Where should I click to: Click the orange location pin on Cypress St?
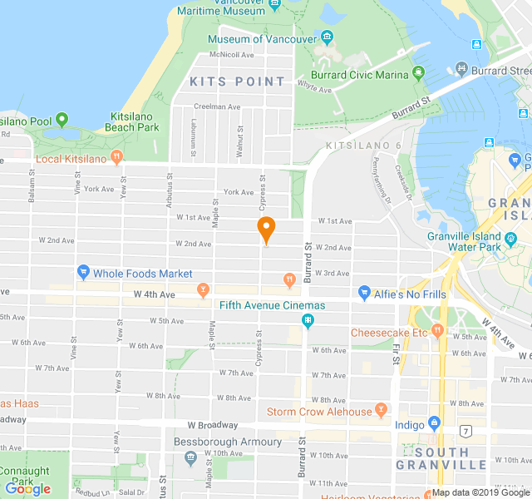(266, 229)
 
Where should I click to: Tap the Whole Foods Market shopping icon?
(83, 272)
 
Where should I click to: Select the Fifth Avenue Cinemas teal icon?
(308, 320)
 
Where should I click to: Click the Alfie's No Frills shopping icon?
(364, 293)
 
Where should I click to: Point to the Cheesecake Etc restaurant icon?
(437, 332)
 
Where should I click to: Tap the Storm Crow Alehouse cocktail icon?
(381, 410)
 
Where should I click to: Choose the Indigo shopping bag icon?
(434, 424)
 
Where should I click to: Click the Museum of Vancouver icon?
(327, 37)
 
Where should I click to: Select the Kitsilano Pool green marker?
(62, 121)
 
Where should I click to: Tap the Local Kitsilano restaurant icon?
(116, 157)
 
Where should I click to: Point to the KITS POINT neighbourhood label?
(237, 82)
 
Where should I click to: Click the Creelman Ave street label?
(217, 106)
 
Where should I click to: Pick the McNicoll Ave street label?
(232, 55)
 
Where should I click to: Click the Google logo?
(27, 489)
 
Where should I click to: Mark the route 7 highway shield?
(466, 430)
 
